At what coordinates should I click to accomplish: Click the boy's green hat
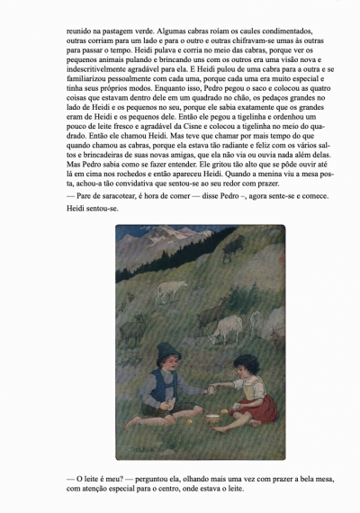[167, 354]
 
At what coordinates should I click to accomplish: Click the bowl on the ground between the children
[213, 418]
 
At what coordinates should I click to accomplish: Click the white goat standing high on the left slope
[168, 290]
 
